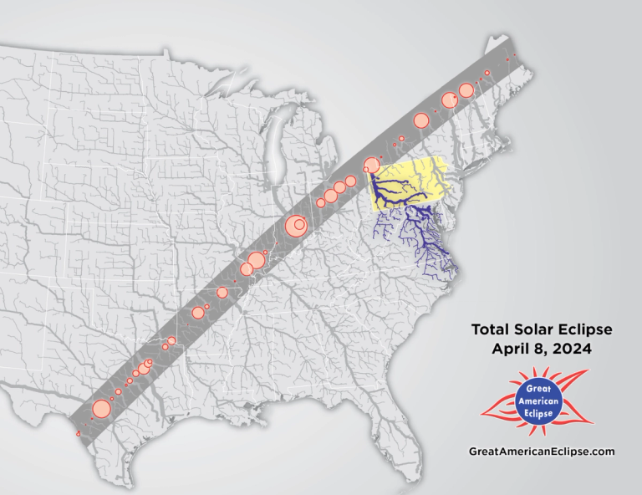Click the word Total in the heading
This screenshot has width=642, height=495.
click(x=491, y=329)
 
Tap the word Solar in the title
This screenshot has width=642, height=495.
click(x=532, y=329)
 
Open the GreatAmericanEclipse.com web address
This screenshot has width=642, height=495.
click(x=543, y=451)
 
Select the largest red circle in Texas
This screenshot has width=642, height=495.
click(x=101, y=409)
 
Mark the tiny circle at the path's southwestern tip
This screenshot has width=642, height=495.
click(x=78, y=434)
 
